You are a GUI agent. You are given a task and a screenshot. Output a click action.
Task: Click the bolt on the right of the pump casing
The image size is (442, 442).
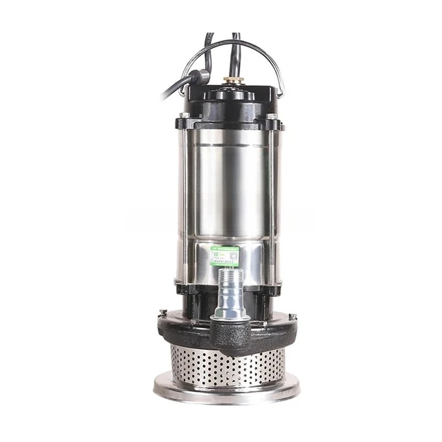[x=292, y=317]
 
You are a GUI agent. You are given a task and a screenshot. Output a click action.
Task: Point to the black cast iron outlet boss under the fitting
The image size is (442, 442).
[x=228, y=332]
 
